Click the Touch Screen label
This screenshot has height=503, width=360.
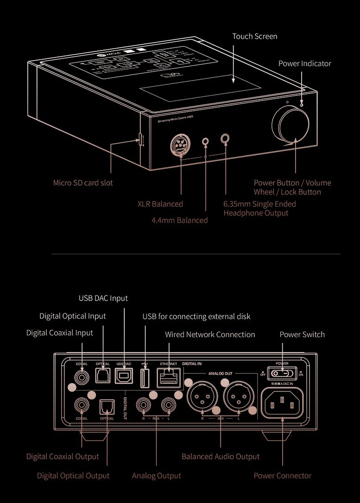pos(255,36)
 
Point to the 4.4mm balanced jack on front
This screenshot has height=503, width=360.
pos(206,141)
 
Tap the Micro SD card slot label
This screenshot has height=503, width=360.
pos(83,182)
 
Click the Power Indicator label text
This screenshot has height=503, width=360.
pos(304,63)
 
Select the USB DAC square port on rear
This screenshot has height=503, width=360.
pos(125,376)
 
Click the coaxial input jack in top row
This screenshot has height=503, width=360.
pos(82,377)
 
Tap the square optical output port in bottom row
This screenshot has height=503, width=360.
pos(107,407)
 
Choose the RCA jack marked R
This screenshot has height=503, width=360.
pos(143,406)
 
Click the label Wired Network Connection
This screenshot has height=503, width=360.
pos(210,334)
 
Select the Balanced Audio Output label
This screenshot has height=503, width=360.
pos(221,456)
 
